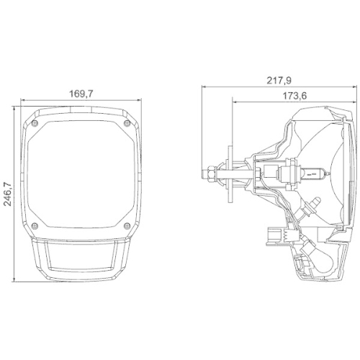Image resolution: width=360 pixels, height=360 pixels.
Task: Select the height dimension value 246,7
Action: point(7,192)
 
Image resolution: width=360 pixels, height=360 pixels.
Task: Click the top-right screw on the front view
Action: point(128,123)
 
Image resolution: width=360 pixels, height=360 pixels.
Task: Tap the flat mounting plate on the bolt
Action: point(229,172)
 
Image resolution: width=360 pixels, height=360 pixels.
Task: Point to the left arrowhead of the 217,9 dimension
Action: point(203,87)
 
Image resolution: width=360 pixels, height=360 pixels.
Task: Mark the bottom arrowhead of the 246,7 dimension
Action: point(16,278)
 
